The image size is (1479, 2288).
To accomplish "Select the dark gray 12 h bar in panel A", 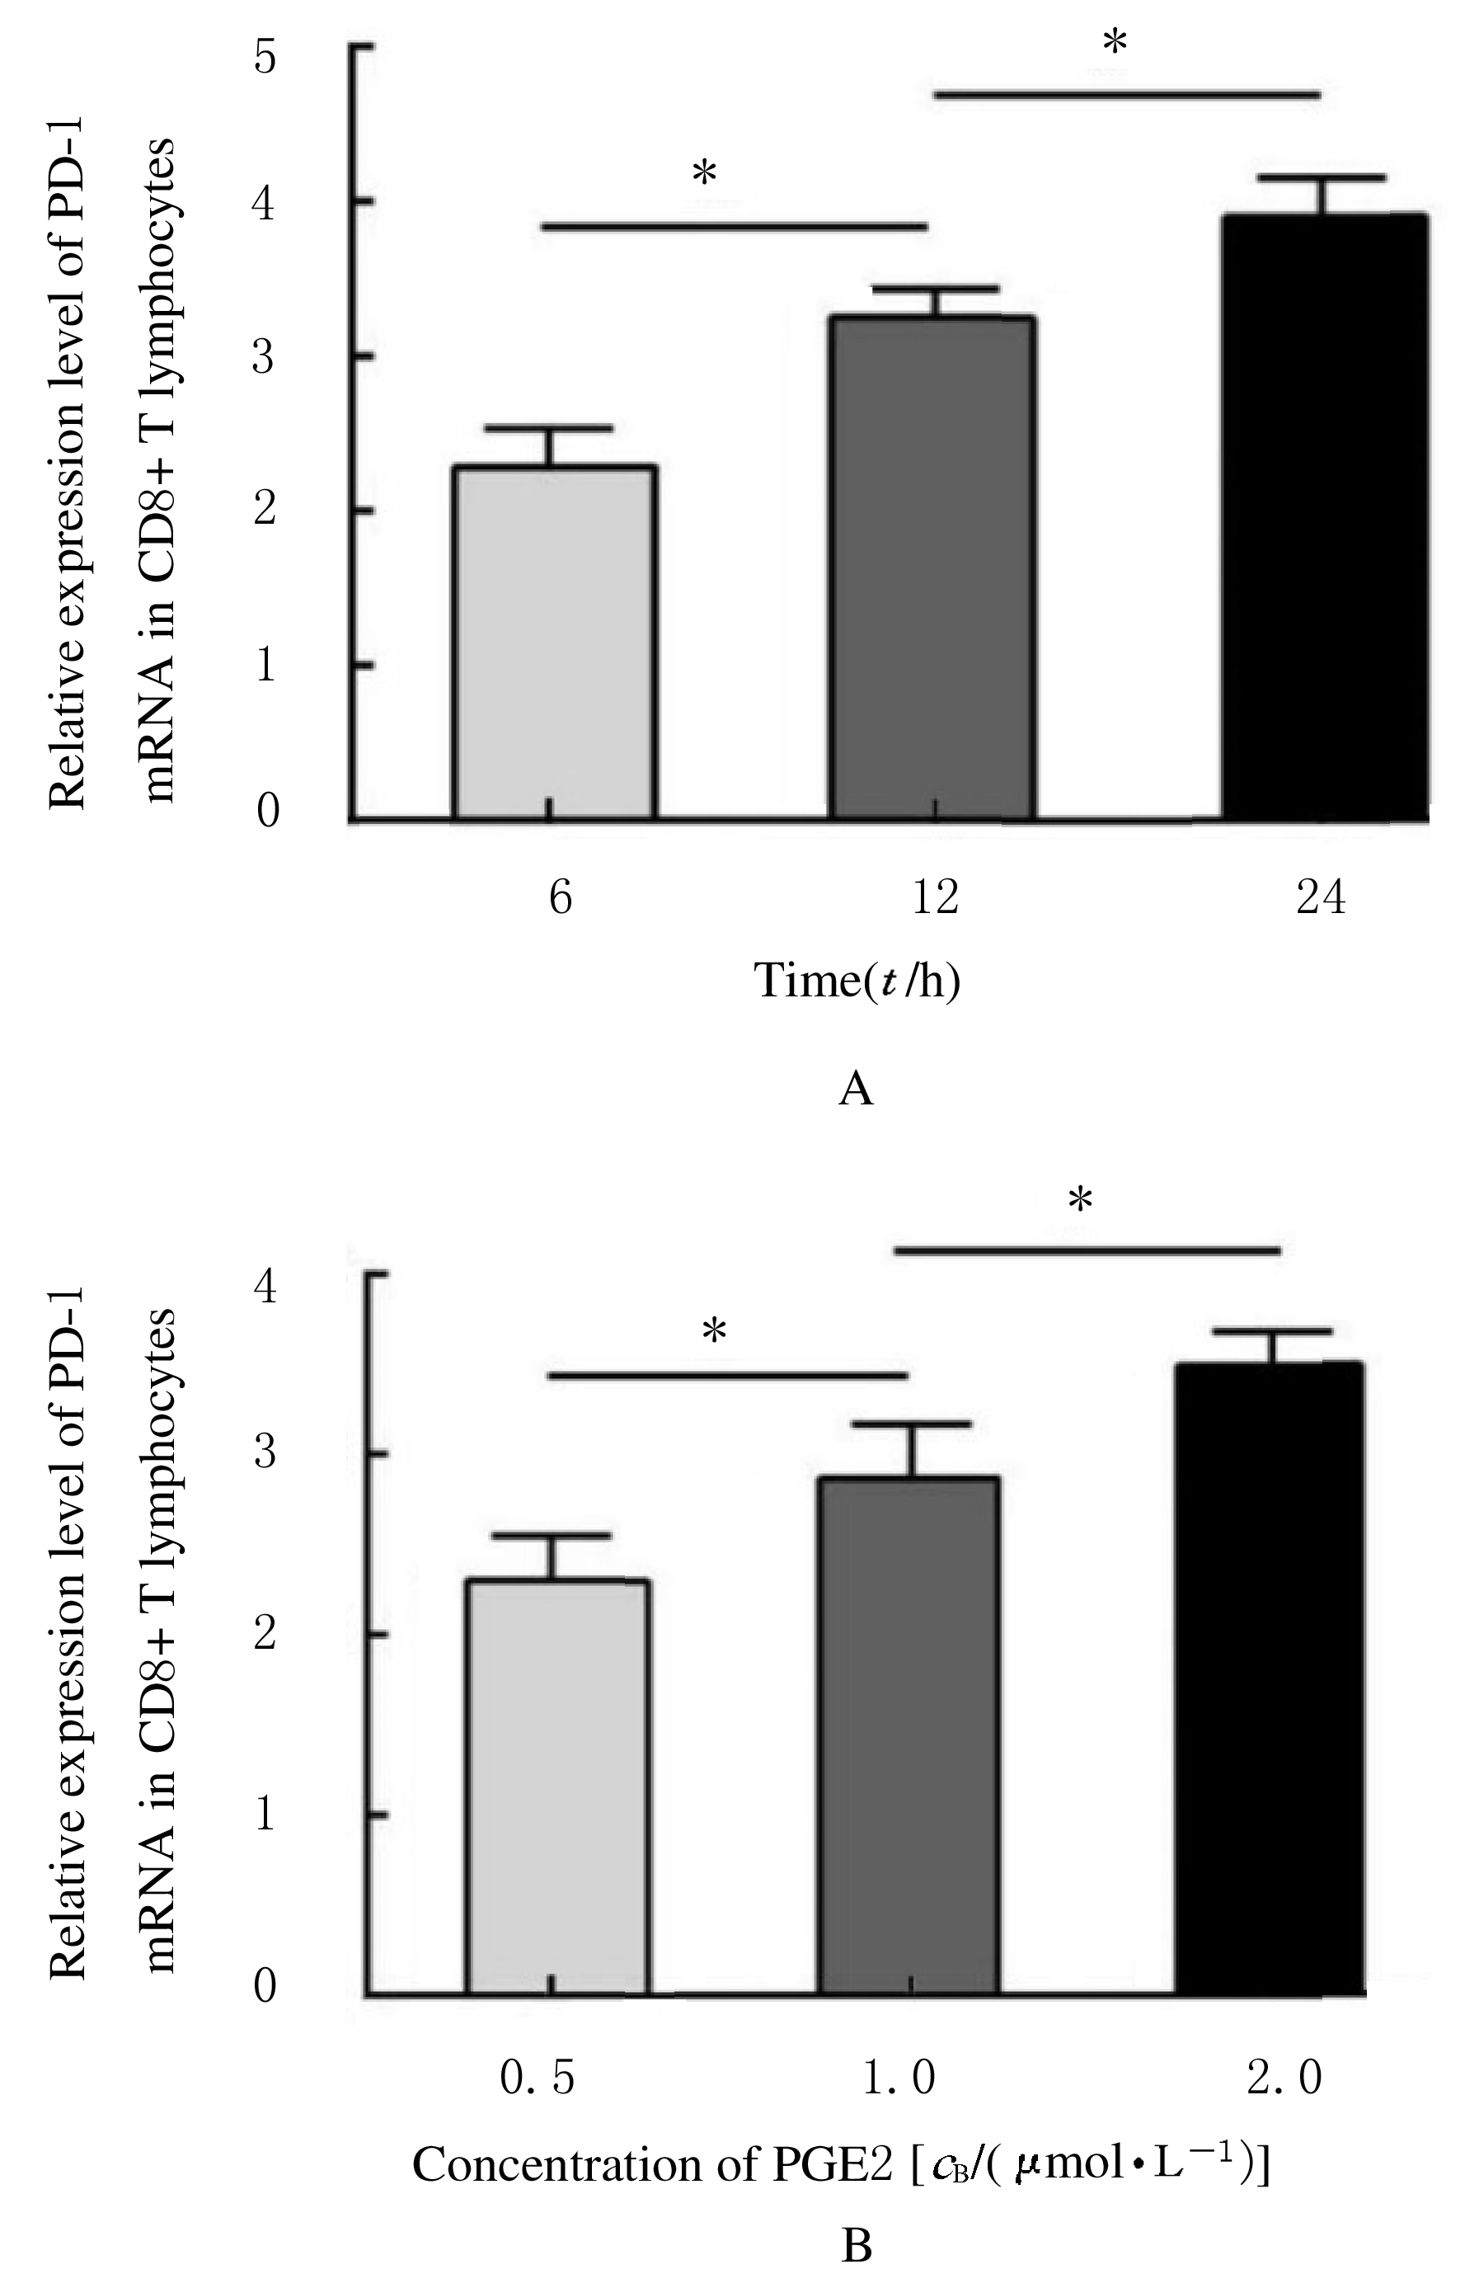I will pos(932,567).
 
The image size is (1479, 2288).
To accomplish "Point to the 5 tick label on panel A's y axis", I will pos(265,58).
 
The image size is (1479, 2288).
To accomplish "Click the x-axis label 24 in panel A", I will pos(1321,897).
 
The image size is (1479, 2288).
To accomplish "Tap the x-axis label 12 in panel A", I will pos(934,897).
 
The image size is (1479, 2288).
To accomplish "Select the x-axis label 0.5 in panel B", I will pos(538,2079).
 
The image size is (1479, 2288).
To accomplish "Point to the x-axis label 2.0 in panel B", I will pos(1284,2079).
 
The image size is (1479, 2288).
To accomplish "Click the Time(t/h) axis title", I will pos(857,981).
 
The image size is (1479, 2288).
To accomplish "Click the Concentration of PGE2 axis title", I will pos(841,2165).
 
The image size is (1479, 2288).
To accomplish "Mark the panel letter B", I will pos(856,2247).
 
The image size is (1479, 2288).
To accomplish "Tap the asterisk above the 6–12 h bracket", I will pos(704,175).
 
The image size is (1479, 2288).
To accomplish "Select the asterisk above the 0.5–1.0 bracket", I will pos(714,1332).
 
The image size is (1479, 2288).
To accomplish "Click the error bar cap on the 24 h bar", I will pos(1322,177).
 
